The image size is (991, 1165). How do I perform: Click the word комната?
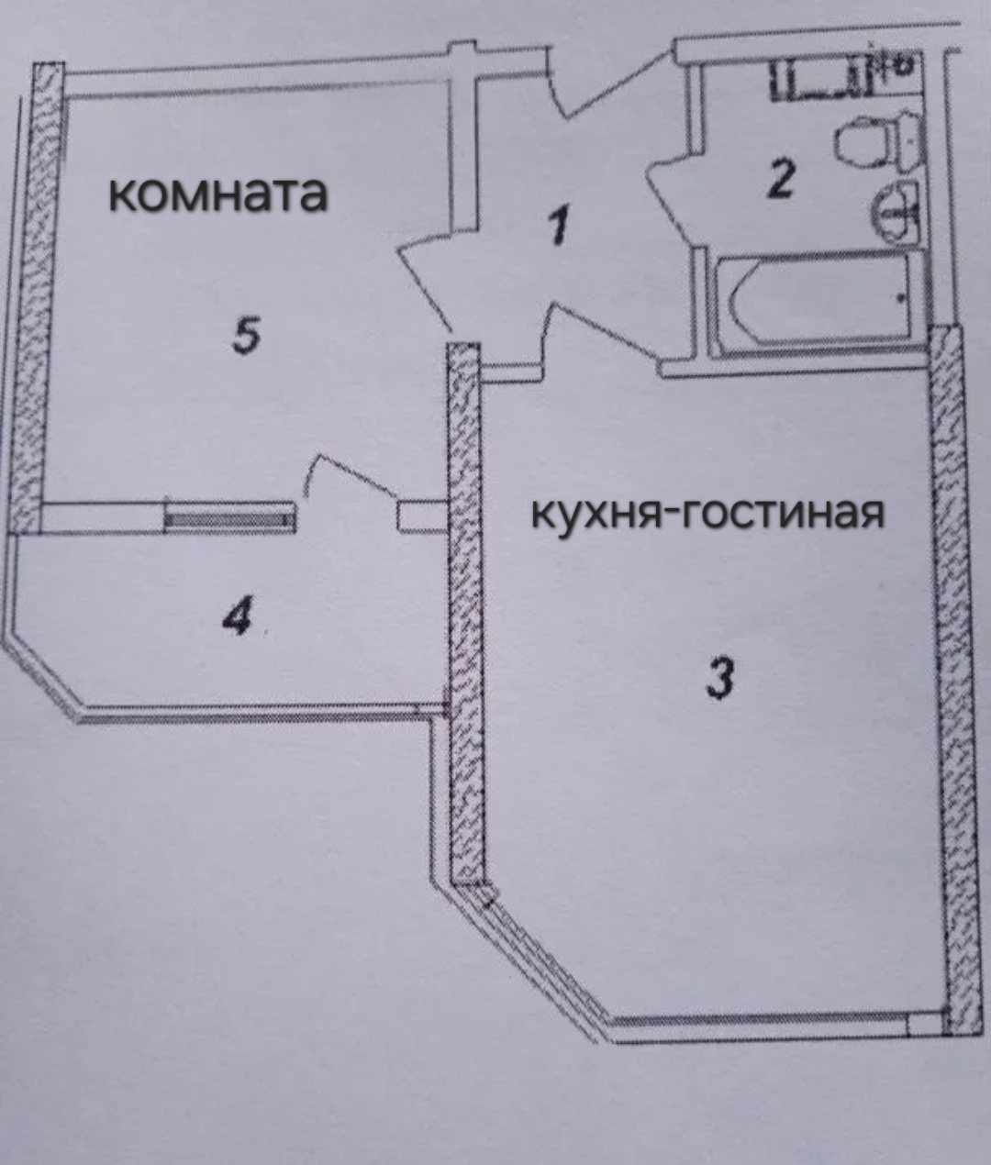[218, 194]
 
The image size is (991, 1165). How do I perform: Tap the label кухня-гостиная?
[707, 515]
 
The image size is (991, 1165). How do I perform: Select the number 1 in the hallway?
[559, 226]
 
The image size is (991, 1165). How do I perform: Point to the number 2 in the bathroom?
[781, 180]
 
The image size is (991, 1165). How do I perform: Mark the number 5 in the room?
[247, 336]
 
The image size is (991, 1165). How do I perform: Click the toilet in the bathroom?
[878, 142]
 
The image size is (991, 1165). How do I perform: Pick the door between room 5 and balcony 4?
[350, 479]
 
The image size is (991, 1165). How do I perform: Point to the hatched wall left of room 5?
[35, 299]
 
